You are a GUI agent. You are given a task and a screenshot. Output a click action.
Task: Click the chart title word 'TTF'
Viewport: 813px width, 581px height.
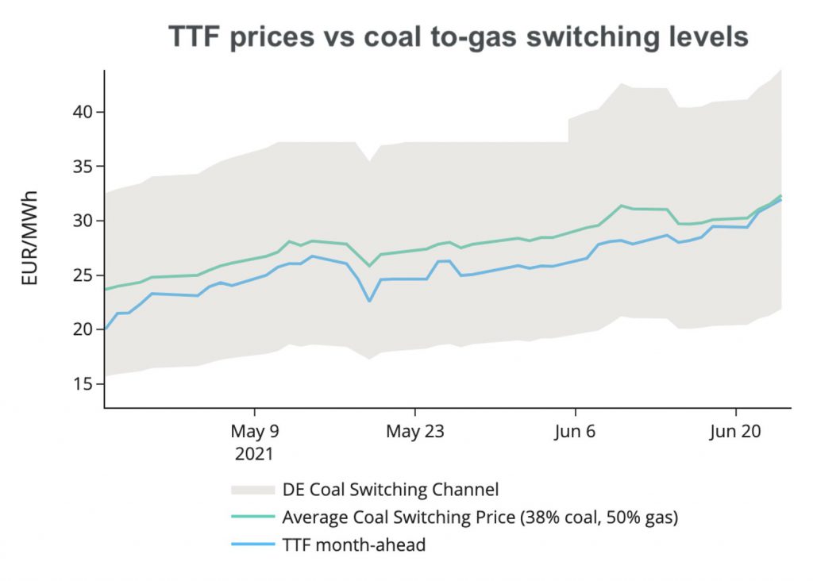[195, 37]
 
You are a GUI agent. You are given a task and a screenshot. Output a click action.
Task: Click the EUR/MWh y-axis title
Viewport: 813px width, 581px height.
[29, 237]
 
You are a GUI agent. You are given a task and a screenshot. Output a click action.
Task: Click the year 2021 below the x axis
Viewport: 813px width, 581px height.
[254, 455]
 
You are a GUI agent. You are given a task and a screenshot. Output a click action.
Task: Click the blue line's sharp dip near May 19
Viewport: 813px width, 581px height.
[369, 301]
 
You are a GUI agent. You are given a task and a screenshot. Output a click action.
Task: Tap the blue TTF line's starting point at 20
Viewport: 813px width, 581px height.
[106, 329]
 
